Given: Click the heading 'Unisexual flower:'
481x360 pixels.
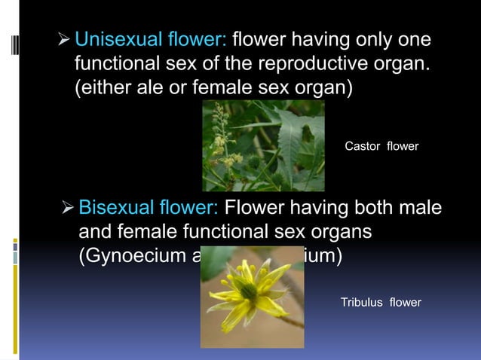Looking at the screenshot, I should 152,39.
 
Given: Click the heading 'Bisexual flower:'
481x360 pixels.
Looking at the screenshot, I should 149,207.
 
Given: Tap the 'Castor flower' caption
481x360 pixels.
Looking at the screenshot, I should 381,146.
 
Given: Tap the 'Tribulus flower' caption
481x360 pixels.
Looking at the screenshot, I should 381,303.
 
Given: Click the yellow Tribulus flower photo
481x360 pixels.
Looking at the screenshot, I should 252,298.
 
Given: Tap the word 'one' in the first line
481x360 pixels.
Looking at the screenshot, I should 417,39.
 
